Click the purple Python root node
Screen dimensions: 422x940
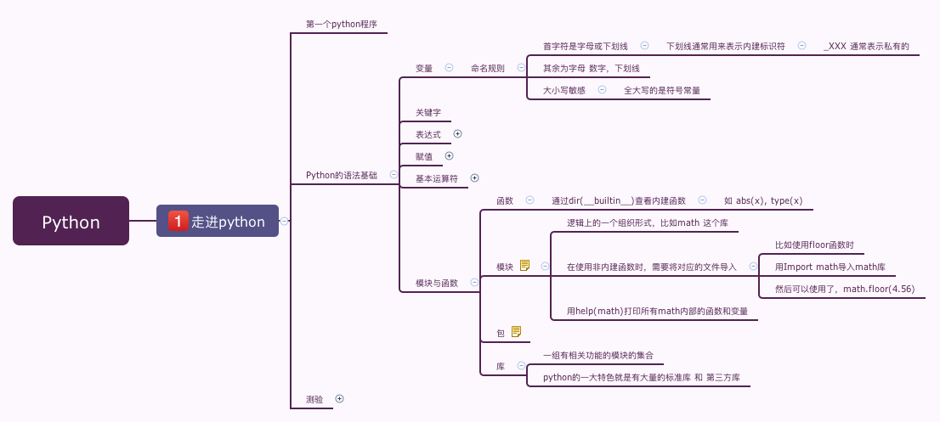pyautogui.click(x=71, y=221)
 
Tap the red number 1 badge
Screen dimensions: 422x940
pyautogui.click(x=178, y=221)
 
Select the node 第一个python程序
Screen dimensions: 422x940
pyautogui.click(x=341, y=24)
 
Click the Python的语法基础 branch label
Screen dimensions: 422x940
pyautogui.click(x=341, y=175)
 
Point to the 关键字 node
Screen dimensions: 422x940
pyautogui.click(x=428, y=112)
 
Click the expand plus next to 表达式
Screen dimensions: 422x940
pyautogui.click(x=457, y=133)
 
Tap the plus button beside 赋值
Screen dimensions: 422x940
pyautogui.click(x=450, y=155)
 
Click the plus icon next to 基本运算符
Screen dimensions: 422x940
pyautogui.click(x=475, y=177)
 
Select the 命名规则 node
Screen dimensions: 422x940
pyautogui.click(x=487, y=68)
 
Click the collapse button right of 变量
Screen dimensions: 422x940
pyautogui.click(x=449, y=67)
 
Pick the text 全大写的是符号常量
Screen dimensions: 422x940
pyautogui.click(x=661, y=90)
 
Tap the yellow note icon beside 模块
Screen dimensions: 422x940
pyautogui.click(x=524, y=266)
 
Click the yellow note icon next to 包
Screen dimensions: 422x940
pyautogui.click(x=516, y=332)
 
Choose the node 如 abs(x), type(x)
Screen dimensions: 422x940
pyautogui.click(x=763, y=200)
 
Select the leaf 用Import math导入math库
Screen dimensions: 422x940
pyautogui.click(x=830, y=267)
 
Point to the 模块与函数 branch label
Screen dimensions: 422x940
pyautogui.click(x=437, y=283)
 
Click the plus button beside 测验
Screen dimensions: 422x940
pyautogui.click(x=339, y=397)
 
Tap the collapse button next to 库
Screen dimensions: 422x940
pyautogui.click(x=521, y=365)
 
